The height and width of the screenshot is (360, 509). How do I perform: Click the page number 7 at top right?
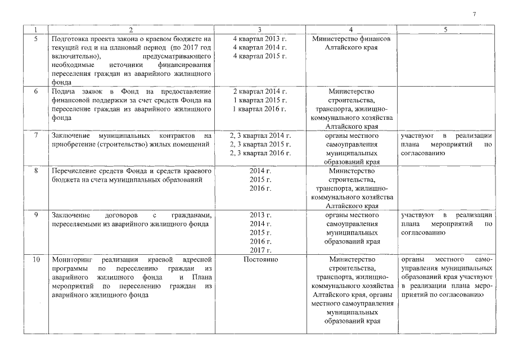coord(474,13)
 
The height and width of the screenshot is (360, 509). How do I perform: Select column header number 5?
coord(445,30)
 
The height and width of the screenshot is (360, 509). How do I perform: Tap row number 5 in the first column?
coord(36,39)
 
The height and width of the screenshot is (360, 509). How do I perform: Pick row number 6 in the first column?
coord(36,91)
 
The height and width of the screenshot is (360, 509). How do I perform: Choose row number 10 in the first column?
coord(36,260)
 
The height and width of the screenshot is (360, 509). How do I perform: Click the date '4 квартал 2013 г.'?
coord(260,39)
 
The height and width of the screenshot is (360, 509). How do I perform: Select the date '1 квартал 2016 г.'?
coord(260,109)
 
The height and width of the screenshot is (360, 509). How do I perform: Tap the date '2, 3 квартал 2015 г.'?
coord(260,145)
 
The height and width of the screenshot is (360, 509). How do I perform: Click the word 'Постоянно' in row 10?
coord(260,260)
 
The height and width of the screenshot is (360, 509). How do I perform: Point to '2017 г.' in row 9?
coord(260,250)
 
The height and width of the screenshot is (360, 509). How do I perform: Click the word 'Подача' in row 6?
coord(62,91)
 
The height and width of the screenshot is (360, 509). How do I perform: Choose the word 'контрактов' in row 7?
coord(176,136)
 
